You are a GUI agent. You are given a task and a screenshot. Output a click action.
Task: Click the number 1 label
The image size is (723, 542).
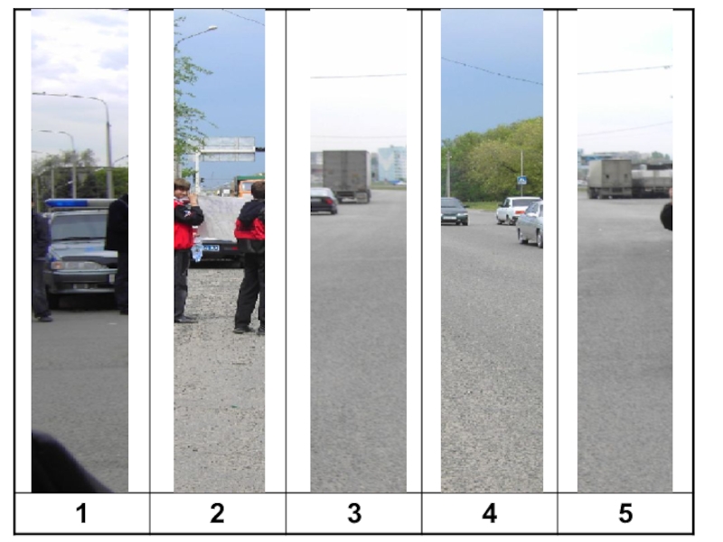[81, 513]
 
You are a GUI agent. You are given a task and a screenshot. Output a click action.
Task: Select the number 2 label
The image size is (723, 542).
[217, 513]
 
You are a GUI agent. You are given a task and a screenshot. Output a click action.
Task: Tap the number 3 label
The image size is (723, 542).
[354, 513]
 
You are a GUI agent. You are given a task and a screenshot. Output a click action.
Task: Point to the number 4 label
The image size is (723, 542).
[490, 513]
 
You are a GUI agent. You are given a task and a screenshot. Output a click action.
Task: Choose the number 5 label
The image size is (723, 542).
[625, 513]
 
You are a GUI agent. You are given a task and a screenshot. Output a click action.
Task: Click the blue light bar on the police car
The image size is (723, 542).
[79, 203]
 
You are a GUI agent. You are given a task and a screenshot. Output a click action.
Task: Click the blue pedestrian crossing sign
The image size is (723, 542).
[521, 180]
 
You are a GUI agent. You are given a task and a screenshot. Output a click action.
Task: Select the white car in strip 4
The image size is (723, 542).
[516, 210]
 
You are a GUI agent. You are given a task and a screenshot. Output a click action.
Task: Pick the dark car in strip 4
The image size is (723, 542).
[455, 211]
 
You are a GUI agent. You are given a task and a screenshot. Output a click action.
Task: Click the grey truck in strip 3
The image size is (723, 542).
[346, 176]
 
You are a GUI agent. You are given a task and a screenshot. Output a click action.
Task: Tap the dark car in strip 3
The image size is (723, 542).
[324, 201]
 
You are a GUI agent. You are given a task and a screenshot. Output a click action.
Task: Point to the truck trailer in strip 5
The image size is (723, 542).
[609, 179]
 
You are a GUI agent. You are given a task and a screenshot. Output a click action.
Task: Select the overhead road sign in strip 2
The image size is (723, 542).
[228, 149]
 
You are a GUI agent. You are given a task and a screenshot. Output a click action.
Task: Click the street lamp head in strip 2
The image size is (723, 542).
[211, 29]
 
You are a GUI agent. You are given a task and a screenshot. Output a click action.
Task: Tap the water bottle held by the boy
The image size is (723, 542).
[197, 250]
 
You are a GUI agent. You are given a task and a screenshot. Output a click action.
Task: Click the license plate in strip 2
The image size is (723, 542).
[211, 248]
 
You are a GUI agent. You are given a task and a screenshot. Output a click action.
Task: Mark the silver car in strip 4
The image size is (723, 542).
[531, 224]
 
